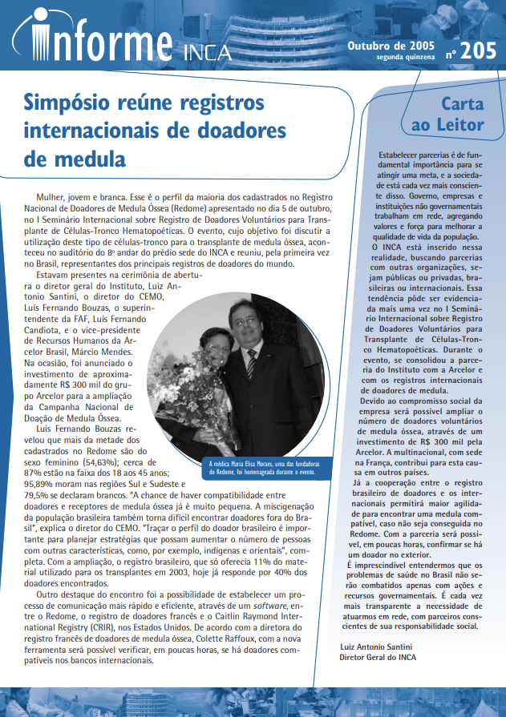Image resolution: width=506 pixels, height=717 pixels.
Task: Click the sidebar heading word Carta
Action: (x=463, y=104)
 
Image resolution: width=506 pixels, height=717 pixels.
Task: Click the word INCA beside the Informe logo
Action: (x=208, y=53)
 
